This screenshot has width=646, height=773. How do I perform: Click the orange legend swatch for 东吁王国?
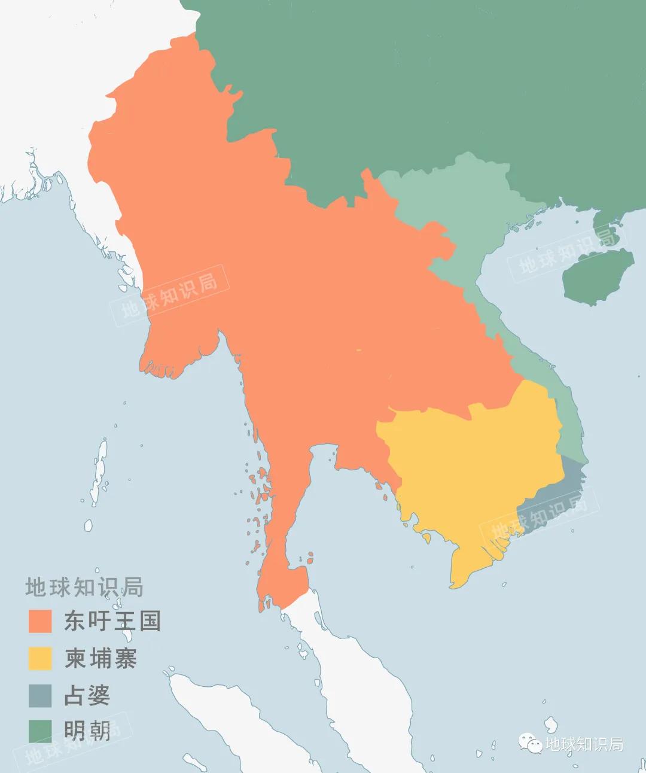tap(40, 621)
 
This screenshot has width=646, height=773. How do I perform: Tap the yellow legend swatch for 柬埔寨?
tap(40, 658)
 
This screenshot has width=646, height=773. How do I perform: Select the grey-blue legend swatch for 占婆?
tap(40, 695)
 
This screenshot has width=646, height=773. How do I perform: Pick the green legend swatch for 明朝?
tap(40, 731)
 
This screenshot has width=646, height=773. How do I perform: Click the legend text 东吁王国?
tap(112, 621)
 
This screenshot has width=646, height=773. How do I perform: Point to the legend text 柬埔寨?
tap(100, 658)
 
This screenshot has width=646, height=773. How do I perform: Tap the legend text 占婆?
tap(87, 695)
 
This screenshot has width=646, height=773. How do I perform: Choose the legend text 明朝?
tap(87, 731)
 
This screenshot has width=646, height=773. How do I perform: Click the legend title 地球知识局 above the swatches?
tap(84, 588)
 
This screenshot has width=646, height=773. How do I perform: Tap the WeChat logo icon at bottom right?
tap(531, 743)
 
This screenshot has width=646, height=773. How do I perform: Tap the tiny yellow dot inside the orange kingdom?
tap(358, 350)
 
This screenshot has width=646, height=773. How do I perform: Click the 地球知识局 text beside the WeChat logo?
tap(584, 744)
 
